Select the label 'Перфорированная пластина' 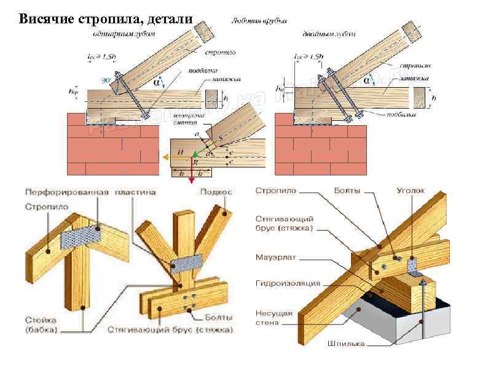[x=90, y=192]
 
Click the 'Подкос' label [x=216, y=192]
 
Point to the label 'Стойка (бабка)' [x=42, y=325]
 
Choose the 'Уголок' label [x=410, y=191]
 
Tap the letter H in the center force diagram [x=180, y=151]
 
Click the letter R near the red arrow [x=195, y=163]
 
